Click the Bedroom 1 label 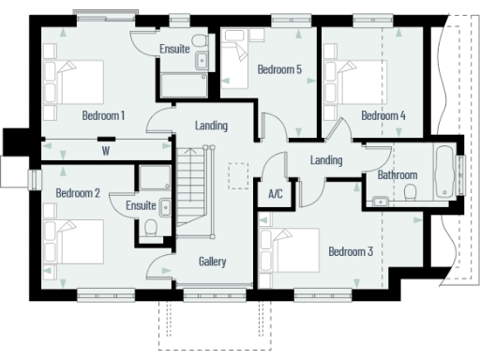[103, 115]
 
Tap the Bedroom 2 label [77, 193]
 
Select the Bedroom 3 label [351, 251]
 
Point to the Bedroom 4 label [383, 115]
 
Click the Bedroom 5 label [279, 69]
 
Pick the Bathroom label [397, 175]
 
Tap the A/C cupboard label [276, 195]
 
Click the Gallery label [213, 262]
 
